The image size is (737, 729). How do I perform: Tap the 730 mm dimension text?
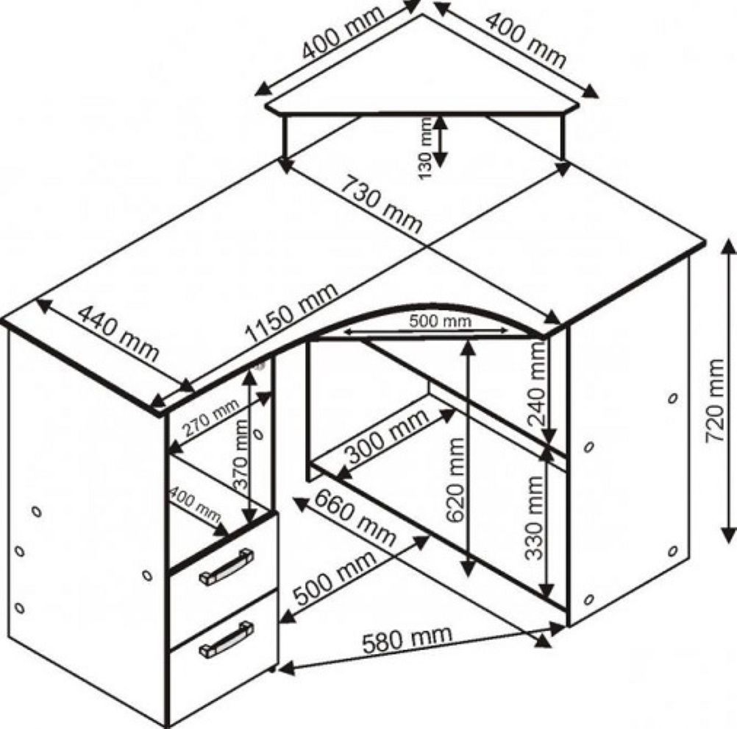(x=380, y=204)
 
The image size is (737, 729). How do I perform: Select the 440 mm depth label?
(x=118, y=333)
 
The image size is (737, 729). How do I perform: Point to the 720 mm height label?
(x=714, y=400)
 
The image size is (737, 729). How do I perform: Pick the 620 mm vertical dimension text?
(x=455, y=480)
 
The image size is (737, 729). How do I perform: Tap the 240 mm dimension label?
(x=537, y=384)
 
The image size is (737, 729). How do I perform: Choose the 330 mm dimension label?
(x=534, y=518)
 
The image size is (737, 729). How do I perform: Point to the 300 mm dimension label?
(x=387, y=435)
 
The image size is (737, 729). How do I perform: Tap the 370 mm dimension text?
(x=240, y=454)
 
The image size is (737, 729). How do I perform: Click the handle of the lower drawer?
(x=227, y=638)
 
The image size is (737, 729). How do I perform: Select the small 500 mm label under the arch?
(x=440, y=321)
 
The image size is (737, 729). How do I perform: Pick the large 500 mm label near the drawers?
(x=335, y=577)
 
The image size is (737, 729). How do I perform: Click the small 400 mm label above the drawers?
(x=195, y=504)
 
